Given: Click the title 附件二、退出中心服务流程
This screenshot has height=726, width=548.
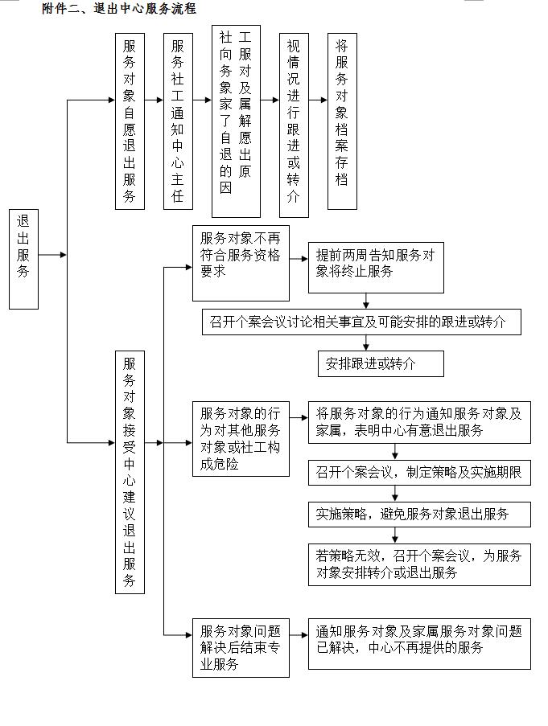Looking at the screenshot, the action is point(119,8).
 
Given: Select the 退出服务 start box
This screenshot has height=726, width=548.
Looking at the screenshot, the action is point(23,259).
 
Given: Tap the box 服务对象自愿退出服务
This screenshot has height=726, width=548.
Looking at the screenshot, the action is point(130,121).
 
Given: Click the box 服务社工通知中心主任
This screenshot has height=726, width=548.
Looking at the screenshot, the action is point(178,121).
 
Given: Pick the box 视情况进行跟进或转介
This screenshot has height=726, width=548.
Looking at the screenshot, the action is point(294,125).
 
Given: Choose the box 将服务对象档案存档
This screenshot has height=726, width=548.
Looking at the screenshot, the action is point(342,121).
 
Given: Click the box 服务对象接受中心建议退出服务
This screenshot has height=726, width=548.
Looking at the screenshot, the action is point(130,472).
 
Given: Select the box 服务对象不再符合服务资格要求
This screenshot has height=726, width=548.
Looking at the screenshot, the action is point(241,263).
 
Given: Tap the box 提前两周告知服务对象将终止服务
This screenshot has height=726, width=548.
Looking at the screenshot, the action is point(376,267).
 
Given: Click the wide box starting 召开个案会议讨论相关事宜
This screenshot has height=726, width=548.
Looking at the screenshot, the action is point(361,322).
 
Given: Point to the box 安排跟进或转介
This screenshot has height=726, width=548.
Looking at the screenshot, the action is point(381,363).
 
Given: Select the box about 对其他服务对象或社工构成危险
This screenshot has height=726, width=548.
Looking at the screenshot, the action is point(241,438).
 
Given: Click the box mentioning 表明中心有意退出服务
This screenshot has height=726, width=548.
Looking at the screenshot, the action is point(419,422).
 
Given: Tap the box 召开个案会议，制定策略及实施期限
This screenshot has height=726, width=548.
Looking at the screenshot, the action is point(419,472).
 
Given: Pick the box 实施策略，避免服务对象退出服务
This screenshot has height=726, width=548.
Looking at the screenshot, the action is point(419,514).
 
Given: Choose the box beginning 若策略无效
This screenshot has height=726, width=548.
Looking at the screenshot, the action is point(419,564).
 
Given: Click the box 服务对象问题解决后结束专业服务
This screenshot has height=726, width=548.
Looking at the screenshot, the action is point(241,648).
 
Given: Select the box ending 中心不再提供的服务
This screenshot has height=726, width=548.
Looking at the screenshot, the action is point(419,643).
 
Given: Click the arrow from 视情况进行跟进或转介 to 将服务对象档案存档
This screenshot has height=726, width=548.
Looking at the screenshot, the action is point(318,100).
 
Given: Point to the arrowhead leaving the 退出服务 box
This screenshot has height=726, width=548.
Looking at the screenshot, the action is point(63,255).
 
